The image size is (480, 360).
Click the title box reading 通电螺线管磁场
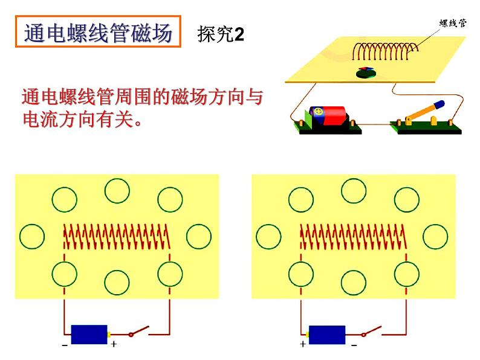tap(97, 33)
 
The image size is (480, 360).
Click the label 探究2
tap(221, 35)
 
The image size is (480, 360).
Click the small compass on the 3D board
tap(365, 72)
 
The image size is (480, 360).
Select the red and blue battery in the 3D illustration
tap(328, 114)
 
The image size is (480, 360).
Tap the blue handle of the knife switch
tap(435, 107)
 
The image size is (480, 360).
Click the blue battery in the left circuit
tap(89, 334)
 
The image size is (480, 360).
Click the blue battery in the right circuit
tap(326, 334)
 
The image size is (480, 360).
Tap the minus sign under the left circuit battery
tap(65, 346)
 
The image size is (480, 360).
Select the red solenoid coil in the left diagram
tap(117, 236)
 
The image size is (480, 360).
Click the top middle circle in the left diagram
tap(117, 191)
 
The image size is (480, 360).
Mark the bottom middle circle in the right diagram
tap(354, 282)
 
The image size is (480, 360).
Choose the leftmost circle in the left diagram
tap(32, 236)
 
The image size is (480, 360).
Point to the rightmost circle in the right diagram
tap(435, 236)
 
